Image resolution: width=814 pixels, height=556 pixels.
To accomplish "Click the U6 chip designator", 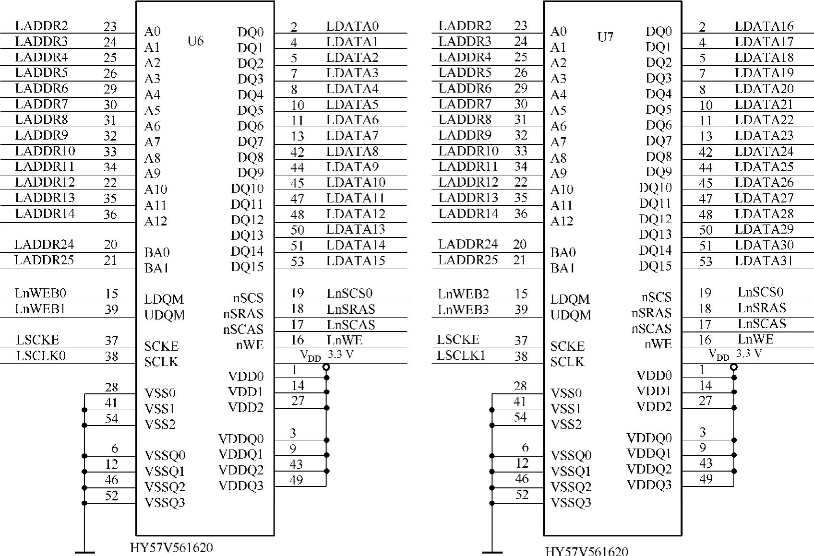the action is (195, 41).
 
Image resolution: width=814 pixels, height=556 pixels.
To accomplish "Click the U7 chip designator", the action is (605, 37).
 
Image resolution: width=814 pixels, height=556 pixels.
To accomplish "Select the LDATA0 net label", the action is (352, 26).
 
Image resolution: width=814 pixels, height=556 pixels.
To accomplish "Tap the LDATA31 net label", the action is (764, 261).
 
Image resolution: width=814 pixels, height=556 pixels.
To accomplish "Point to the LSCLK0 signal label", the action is (41, 355).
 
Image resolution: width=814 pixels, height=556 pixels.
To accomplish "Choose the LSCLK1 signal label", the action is (461, 355).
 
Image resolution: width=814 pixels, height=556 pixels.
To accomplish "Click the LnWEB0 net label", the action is (40, 293).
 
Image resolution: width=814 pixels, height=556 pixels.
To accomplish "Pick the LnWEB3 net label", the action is (463, 310).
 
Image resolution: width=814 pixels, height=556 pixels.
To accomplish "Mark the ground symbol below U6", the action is (84, 552).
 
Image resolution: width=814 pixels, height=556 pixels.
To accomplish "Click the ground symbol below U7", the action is (492, 552).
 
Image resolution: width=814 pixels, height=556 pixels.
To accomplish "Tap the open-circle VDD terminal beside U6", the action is (326, 367).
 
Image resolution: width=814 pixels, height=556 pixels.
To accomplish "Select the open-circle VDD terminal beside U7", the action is (734, 367).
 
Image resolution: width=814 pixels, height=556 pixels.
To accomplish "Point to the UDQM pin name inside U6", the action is (164, 315).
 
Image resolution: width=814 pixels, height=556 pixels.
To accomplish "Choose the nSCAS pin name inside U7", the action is (651, 329).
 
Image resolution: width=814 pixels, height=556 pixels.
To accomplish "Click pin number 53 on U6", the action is (297, 261).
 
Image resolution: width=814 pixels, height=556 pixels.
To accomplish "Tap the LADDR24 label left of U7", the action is (467, 244).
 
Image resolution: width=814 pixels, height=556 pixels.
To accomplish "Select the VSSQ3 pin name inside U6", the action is (165, 503).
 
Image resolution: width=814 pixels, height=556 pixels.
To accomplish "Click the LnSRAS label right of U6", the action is (351, 309).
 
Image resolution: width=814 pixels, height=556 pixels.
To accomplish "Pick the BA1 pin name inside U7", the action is (563, 268).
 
